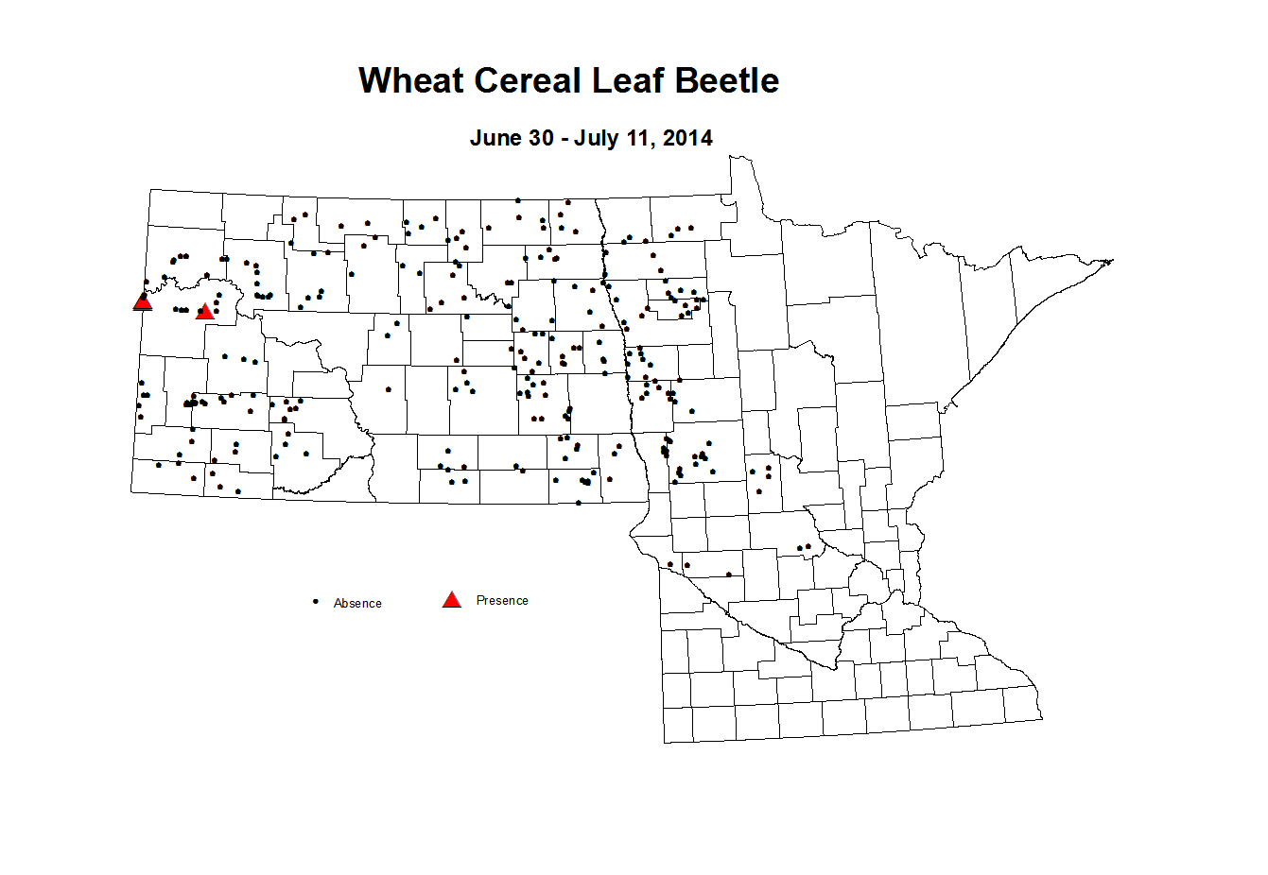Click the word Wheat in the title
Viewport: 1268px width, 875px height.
pos(411,81)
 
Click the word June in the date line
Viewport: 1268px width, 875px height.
pos(496,138)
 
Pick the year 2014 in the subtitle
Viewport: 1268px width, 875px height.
pos(687,138)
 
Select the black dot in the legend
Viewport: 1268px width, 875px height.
pos(315,602)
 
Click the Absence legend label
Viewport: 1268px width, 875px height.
pos(357,603)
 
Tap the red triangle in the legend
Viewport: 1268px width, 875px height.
pos(452,600)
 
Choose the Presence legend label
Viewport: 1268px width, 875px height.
pos(502,600)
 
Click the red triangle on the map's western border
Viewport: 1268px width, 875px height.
pos(143,301)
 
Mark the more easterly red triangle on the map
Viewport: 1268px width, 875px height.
pos(204,311)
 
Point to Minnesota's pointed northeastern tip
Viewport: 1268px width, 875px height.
pos(1112,260)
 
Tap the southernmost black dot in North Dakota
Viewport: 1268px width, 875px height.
pos(579,503)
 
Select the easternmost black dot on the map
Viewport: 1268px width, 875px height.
pos(808,546)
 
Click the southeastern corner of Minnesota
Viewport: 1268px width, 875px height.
pos(1040,718)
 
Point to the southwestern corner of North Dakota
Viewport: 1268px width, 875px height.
pos(131,491)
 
